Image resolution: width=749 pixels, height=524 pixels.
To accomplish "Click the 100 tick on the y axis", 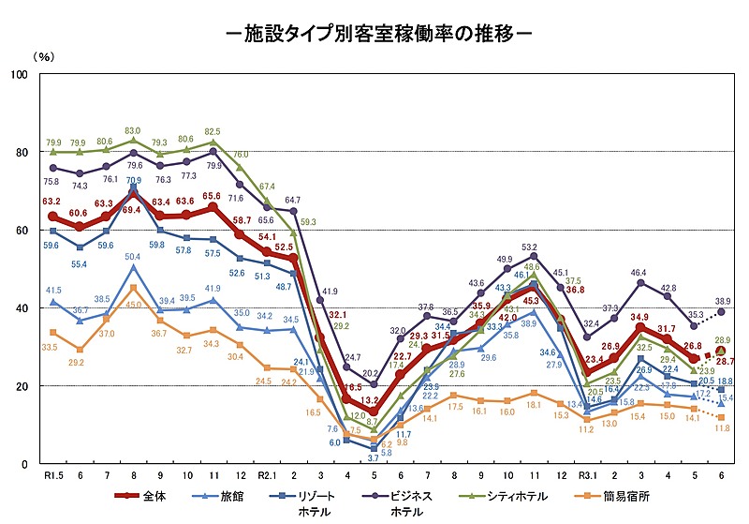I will (x=19, y=74).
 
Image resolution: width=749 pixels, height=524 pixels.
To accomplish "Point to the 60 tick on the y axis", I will (x=22, y=230).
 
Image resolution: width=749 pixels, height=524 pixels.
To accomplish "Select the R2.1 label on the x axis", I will (x=268, y=475).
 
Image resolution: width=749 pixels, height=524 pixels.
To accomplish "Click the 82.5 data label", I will (x=213, y=131).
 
